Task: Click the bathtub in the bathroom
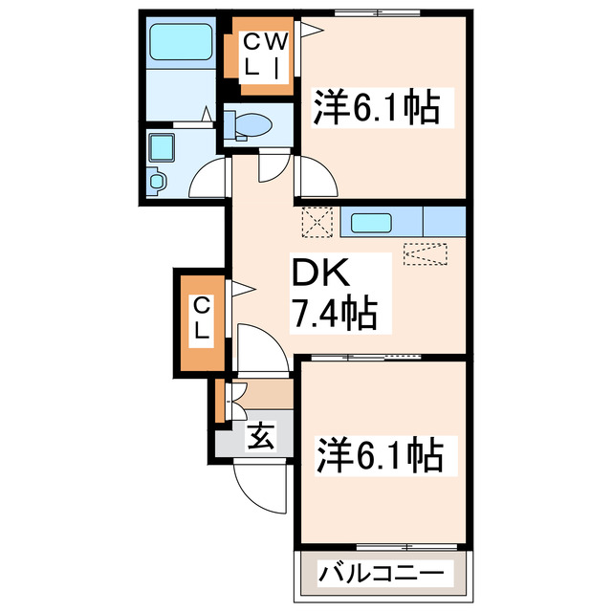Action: click(183, 43)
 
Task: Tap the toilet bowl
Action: click(249, 124)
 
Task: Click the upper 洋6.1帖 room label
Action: click(378, 108)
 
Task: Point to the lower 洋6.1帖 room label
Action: click(379, 453)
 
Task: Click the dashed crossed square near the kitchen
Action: click(316, 223)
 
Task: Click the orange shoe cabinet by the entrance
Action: click(220, 401)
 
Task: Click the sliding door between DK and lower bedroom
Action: click(382, 356)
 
